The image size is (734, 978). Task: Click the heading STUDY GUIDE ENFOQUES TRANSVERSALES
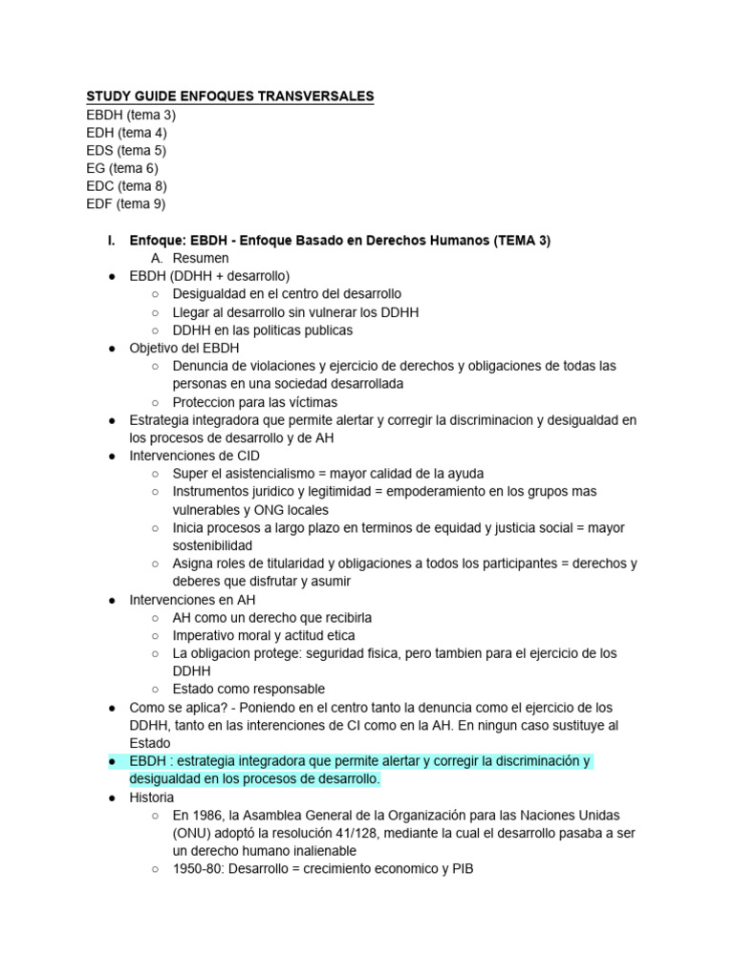tap(230, 96)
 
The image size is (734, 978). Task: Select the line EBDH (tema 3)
tap(131, 115)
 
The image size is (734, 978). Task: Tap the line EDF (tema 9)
tap(126, 203)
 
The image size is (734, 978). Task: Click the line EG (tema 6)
tap(122, 168)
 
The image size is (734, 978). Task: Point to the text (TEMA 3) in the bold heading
tap(522, 241)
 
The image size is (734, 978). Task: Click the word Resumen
tap(201, 259)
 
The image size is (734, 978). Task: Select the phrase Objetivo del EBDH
tap(184, 348)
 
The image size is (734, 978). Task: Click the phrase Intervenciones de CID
tap(194, 456)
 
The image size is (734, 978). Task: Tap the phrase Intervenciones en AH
tap(191, 600)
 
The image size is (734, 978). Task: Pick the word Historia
tap(152, 797)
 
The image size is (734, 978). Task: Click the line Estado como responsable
tap(248, 689)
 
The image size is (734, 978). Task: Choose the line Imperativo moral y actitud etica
tap(264, 635)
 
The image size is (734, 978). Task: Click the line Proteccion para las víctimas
tap(255, 402)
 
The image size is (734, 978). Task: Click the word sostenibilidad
tap(212, 545)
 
